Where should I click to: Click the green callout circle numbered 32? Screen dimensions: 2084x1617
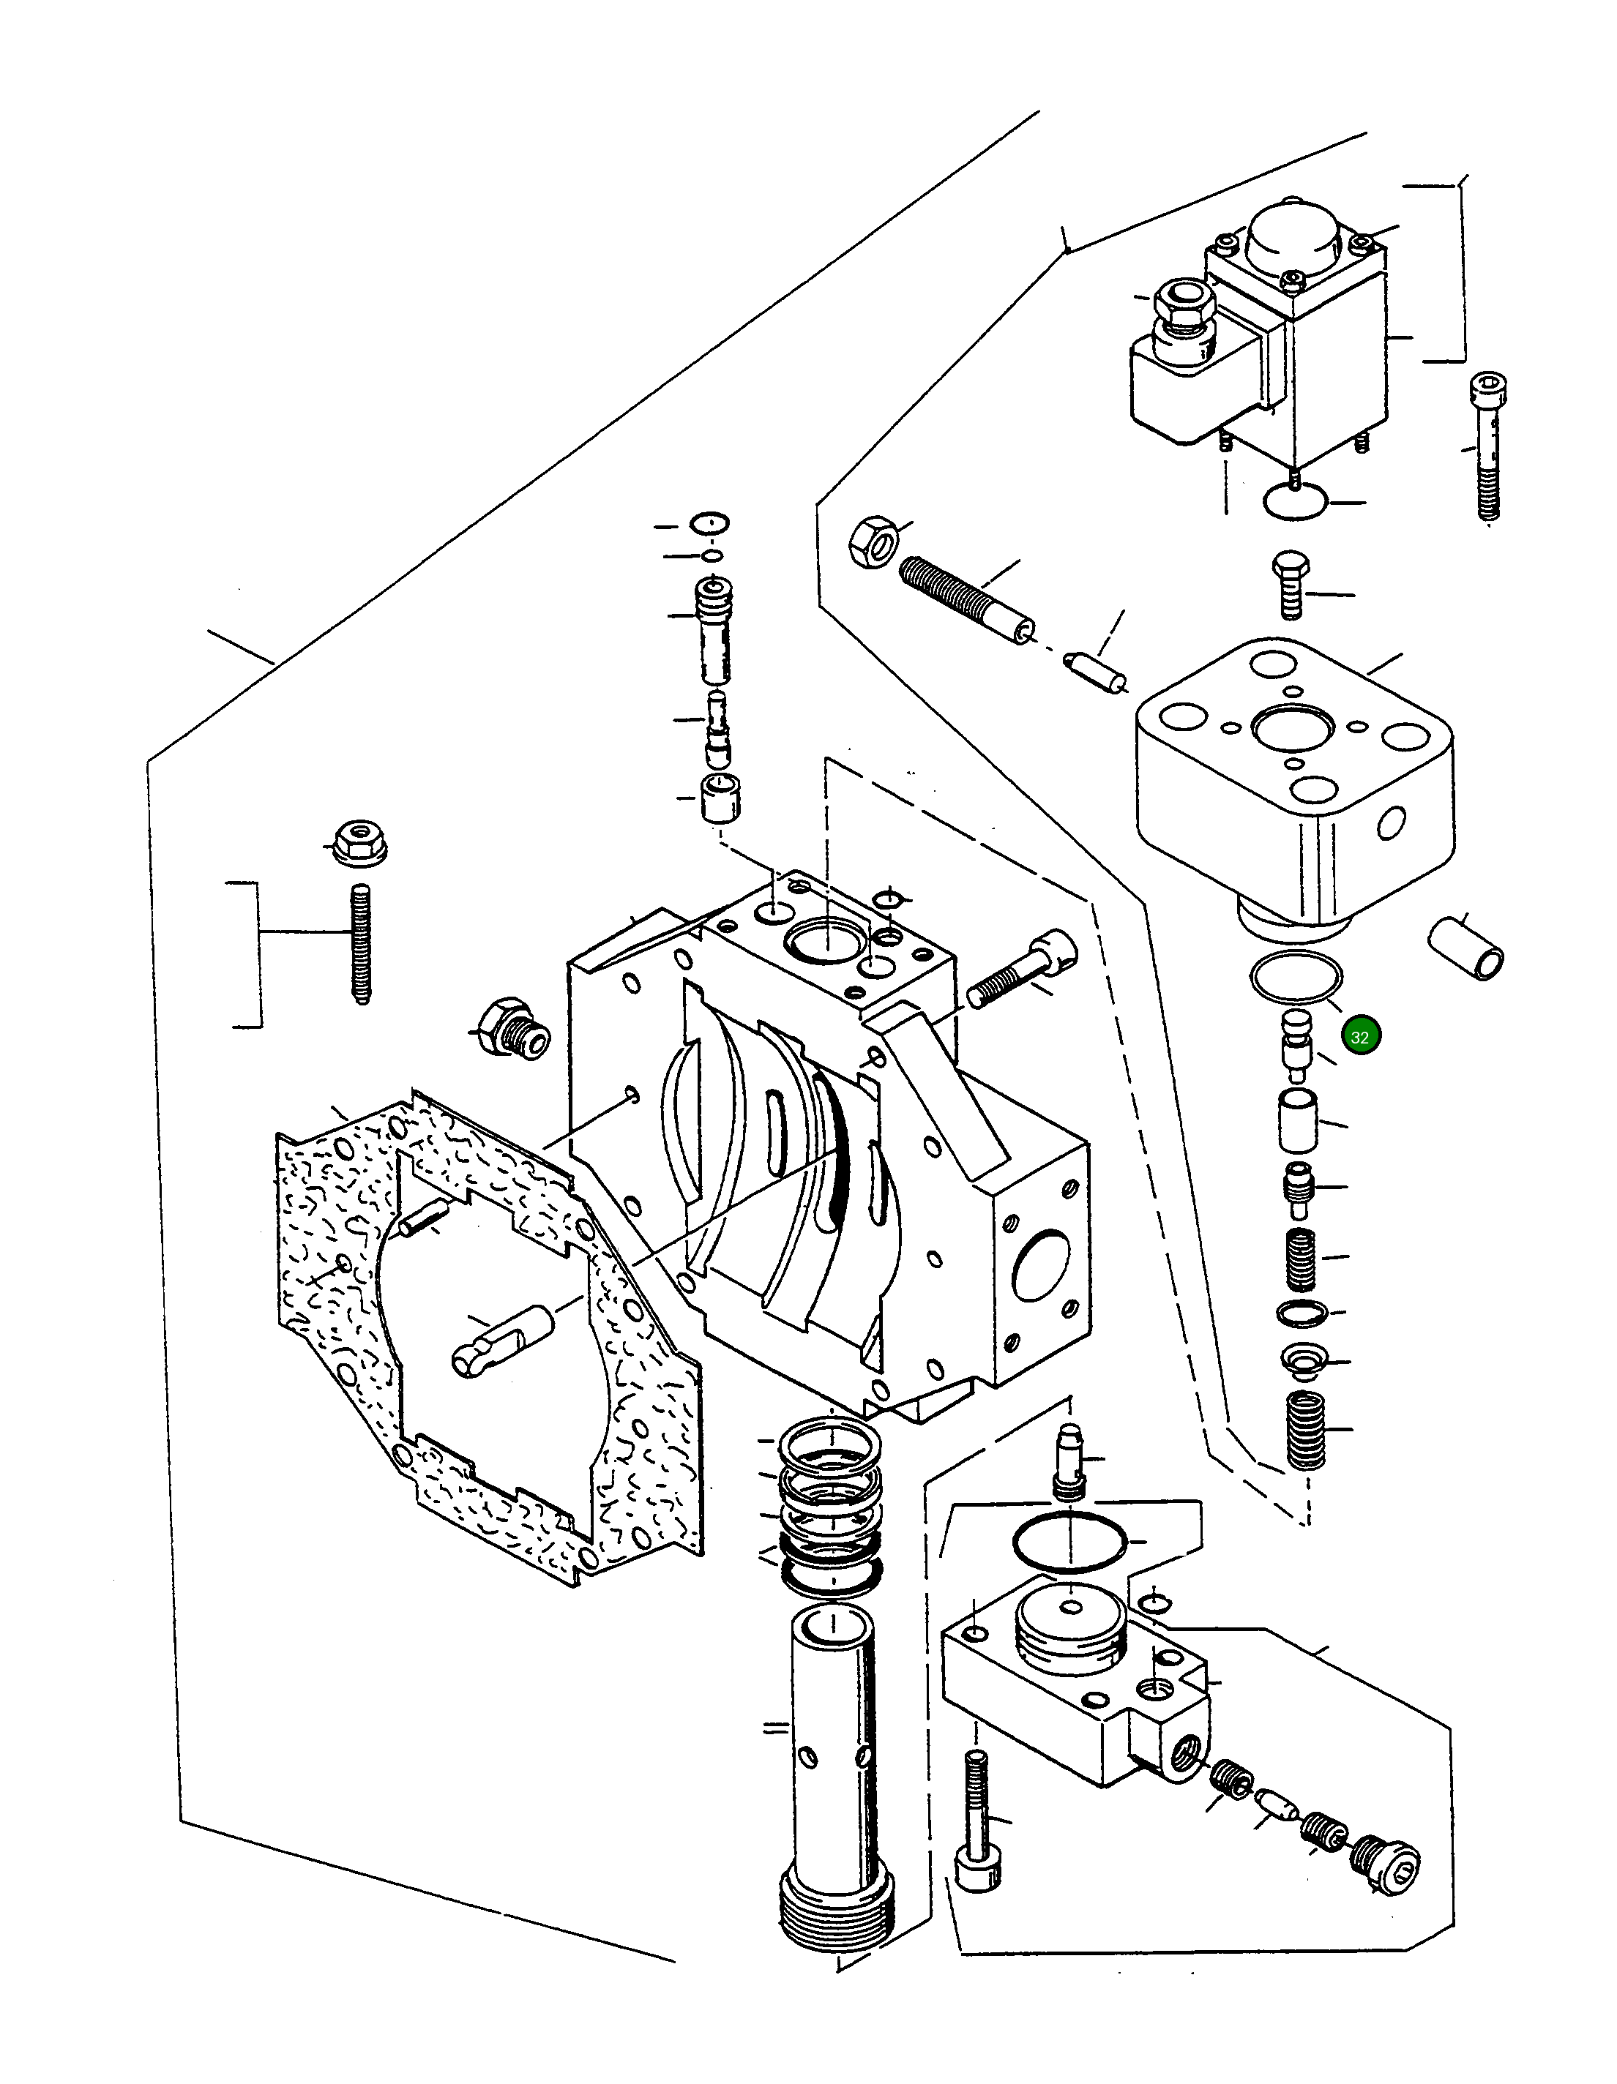[1360, 1036]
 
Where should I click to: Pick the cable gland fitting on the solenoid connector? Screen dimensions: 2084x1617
[1181, 315]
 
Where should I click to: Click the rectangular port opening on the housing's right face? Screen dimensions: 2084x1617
[1042, 1265]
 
